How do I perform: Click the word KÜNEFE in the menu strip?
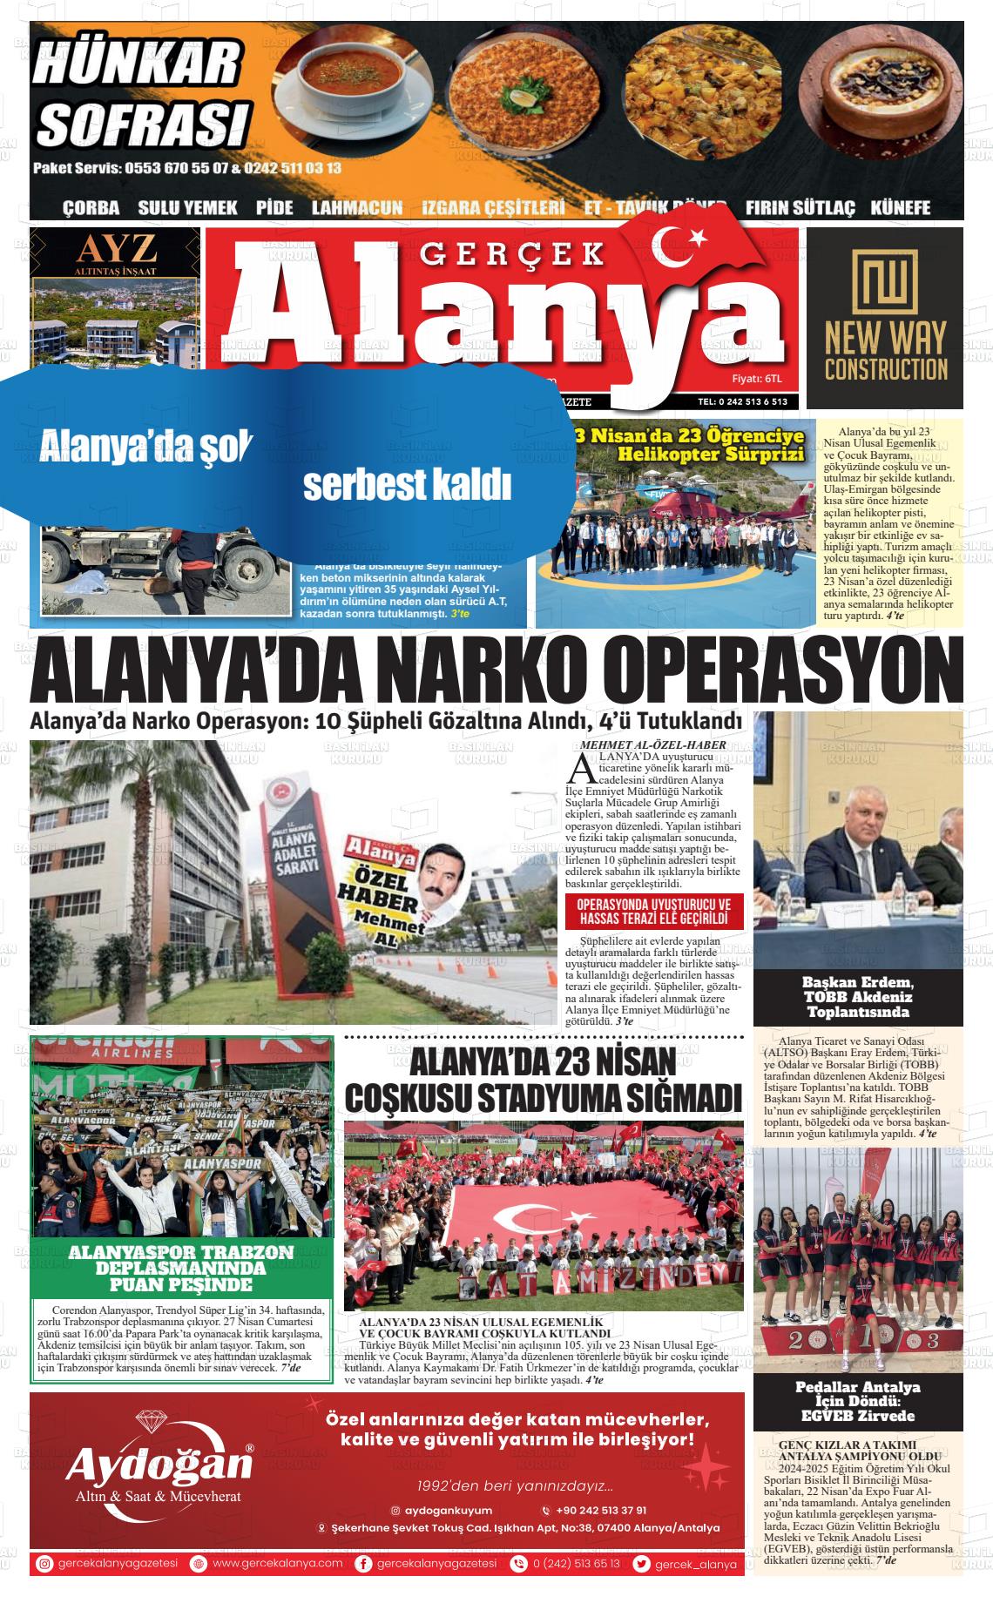click(901, 208)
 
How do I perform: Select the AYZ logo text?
click(116, 250)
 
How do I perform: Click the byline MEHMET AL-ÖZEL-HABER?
click(652, 745)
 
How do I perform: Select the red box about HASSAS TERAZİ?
click(653, 912)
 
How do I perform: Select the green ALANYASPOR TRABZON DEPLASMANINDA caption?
click(182, 1269)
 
